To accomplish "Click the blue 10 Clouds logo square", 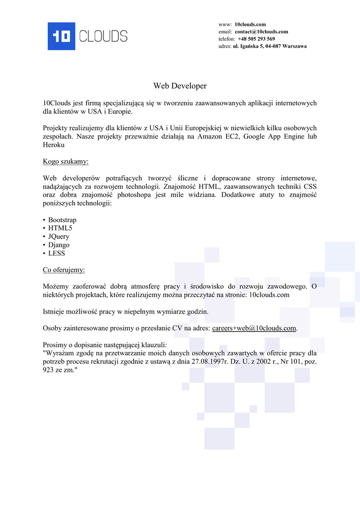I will click(x=61, y=36).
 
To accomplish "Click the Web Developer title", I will click(x=180, y=86).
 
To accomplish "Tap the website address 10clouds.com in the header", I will click(x=250, y=24).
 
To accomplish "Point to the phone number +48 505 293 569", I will click(x=256, y=39).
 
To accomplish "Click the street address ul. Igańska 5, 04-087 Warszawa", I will click(x=270, y=46).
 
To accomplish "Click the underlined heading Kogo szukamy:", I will click(x=66, y=162).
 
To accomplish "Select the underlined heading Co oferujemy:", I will click(x=64, y=270).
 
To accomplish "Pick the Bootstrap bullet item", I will click(x=62, y=220).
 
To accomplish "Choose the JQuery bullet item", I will click(x=59, y=237).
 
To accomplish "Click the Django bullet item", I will click(x=59, y=245).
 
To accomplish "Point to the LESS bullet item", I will click(x=57, y=254).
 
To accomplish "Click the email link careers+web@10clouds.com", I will click(x=254, y=328).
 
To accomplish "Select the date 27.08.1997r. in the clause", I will click(x=209, y=362).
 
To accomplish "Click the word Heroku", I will click(x=54, y=145).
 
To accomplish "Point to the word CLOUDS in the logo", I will click(x=103, y=36).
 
